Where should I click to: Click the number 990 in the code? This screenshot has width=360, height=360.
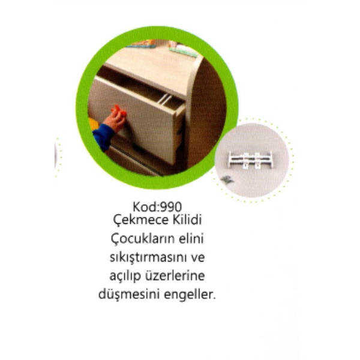point(171,207)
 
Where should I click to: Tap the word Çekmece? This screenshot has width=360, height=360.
point(140,221)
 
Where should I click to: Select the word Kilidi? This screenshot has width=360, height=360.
point(187,220)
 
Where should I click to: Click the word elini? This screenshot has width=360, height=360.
point(191,239)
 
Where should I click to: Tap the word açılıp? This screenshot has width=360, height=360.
point(125,276)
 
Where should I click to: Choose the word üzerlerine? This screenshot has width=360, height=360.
point(175,276)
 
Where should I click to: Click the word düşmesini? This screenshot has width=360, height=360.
point(129,294)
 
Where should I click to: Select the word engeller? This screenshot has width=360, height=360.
point(190,295)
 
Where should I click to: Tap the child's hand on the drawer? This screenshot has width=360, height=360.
point(115,118)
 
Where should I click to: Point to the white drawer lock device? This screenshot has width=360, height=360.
point(250,160)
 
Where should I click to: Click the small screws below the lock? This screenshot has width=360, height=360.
point(226,179)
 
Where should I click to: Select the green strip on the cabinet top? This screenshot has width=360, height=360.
point(183,52)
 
